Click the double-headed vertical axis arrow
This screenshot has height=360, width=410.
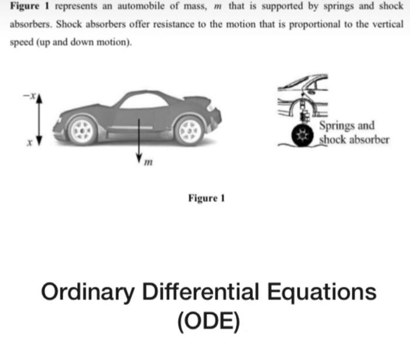point(39,120)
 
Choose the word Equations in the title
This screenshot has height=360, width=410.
point(322,291)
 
